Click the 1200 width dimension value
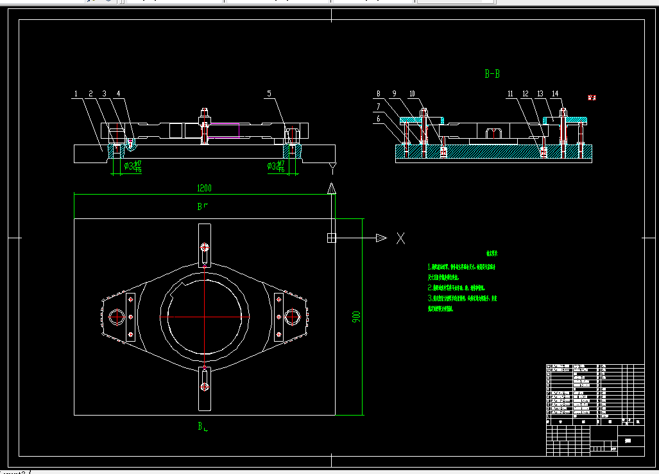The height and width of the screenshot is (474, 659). point(204,188)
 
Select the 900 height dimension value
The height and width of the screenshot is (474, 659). point(357,317)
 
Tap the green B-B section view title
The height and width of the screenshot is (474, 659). point(492,74)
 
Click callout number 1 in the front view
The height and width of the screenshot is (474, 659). point(76,94)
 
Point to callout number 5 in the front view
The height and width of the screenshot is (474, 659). point(270,94)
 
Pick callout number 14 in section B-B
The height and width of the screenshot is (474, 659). point(555,94)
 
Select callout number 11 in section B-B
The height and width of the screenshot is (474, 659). point(510,94)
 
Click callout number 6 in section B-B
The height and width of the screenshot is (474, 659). point(379,118)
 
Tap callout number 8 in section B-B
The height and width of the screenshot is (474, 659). point(379,94)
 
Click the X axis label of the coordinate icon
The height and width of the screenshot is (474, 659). point(400,238)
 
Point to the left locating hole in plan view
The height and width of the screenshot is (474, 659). point(117,317)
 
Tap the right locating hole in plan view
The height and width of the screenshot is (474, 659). point(293,317)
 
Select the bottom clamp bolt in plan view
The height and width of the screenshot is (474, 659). point(205,386)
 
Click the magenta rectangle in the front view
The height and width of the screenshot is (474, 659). point(225,130)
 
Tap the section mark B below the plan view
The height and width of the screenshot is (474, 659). point(201,426)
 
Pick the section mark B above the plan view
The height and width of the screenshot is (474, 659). point(201,207)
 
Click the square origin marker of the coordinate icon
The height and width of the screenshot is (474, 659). point(331,238)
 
